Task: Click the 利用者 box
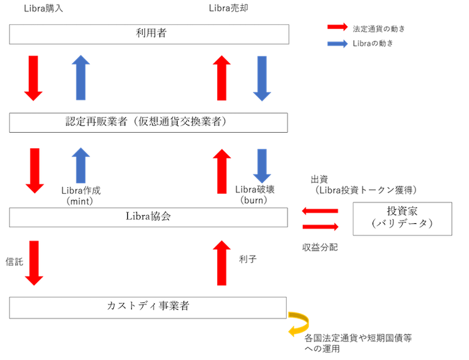coord(149,34)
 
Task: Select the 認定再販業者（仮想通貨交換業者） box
coord(148,123)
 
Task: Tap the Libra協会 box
coord(148,217)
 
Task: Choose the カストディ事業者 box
coord(148,307)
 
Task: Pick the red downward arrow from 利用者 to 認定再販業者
coord(33,78)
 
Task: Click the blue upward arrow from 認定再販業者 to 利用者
coord(80,78)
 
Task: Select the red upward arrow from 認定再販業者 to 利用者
coord(222,78)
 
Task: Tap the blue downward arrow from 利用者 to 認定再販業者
coord(262,78)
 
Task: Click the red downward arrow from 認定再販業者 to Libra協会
coord(33,170)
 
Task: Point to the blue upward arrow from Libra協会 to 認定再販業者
coord(80,166)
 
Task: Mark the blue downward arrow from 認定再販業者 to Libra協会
coord(262,166)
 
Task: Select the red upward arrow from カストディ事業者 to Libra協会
coord(222,263)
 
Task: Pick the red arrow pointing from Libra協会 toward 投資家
coord(320,227)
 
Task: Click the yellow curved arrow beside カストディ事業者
coord(298,324)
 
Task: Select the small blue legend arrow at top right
coord(337,44)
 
